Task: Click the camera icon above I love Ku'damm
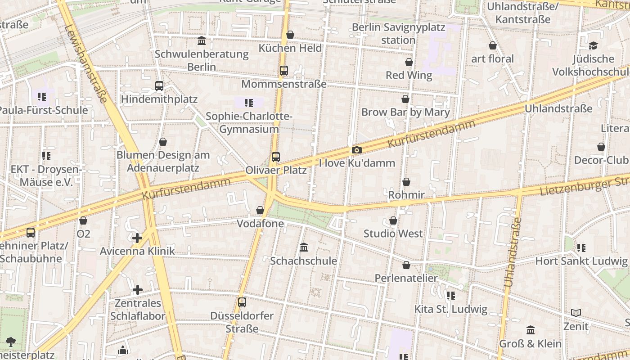pyautogui.click(x=356, y=150)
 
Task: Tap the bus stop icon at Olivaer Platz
pyautogui.click(x=276, y=157)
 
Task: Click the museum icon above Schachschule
pyautogui.click(x=304, y=247)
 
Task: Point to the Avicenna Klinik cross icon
pyautogui.click(x=138, y=238)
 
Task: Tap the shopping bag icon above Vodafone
pyautogui.click(x=260, y=210)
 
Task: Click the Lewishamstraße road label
pyautogui.click(x=86, y=63)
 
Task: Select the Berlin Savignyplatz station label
pyautogui.click(x=398, y=34)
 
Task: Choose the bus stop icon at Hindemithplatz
pyautogui.click(x=159, y=86)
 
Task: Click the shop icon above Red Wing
pyautogui.click(x=409, y=62)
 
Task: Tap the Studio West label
pyautogui.click(x=393, y=234)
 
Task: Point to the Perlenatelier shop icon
pyautogui.click(x=406, y=265)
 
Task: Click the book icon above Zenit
pyautogui.click(x=576, y=313)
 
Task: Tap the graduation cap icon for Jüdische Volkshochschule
pyautogui.click(x=593, y=46)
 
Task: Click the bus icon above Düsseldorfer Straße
pyautogui.click(x=242, y=302)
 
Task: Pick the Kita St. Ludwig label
pyautogui.click(x=451, y=309)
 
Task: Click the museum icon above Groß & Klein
pyautogui.click(x=531, y=330)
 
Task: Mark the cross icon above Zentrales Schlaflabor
pyautogui.click(x=138, y=290)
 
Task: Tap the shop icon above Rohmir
pyautogui.click(x=406, y=182)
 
